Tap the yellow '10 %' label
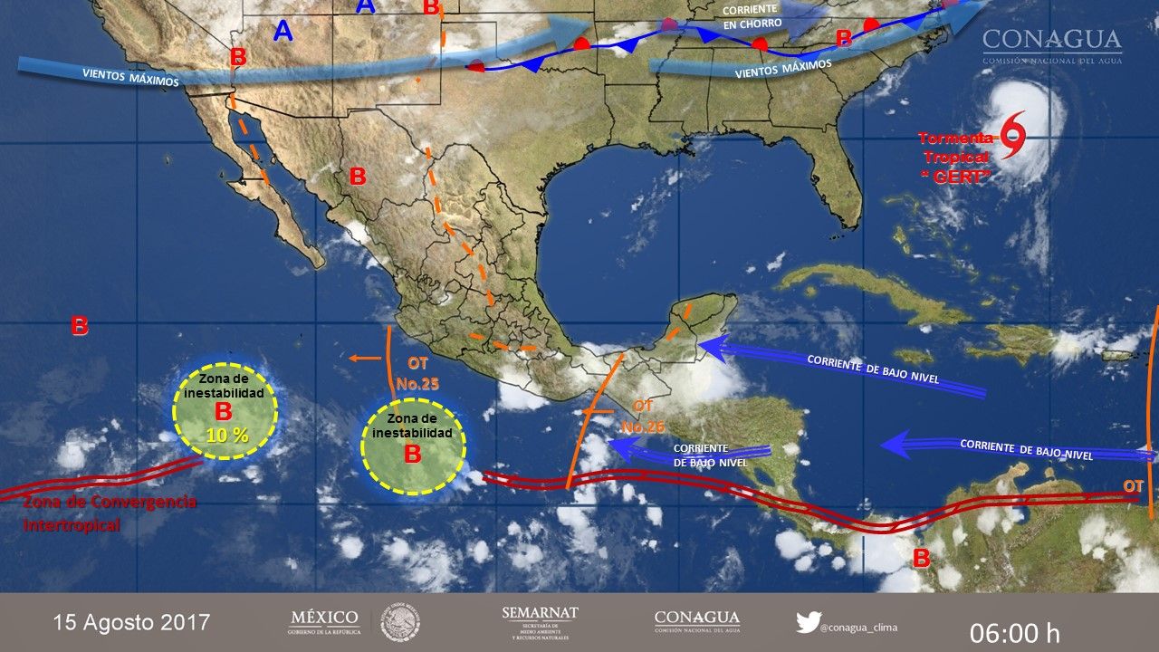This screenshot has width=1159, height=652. (x=227, y=435)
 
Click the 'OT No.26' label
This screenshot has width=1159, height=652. (x=643, y=415)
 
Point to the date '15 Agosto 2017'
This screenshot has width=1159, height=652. (x=131, y=622)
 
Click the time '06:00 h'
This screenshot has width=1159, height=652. (x=1014, y=632)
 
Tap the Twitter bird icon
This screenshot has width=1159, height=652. (x=808, y=622)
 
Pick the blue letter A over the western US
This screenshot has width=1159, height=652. (x=283, y=32)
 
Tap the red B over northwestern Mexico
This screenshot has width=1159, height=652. (x=357, y=176)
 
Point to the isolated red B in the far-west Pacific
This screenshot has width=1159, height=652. (x=80, y=326)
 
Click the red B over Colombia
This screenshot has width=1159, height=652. (x=921, y=558)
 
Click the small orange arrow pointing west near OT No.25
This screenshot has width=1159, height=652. (x=365, y=359)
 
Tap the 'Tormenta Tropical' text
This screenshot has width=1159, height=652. (x=957, y=147)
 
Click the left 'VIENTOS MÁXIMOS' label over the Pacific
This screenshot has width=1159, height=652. (x=130, y=76)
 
